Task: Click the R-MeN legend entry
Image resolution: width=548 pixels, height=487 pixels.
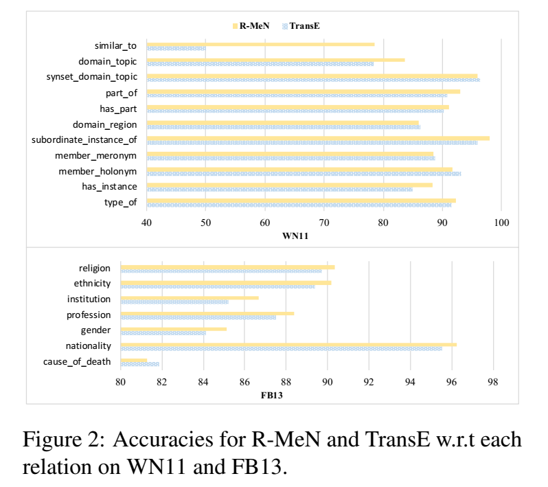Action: click(x=251, y=26)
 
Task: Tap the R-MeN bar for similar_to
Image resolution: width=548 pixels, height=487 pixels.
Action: click(x=261, y=45)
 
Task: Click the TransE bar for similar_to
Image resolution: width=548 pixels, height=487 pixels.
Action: click(x=176, y=49)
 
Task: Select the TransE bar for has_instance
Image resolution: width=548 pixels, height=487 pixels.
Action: click(x=279, y=189)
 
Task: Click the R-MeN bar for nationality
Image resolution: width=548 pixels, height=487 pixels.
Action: click(x=288, y=345)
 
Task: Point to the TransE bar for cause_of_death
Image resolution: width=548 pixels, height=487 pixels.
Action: click(x=139, y=364)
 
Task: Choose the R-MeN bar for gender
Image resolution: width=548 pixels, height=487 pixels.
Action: click(x=173, y=329)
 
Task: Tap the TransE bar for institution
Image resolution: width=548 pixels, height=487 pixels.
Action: click(x=174, y=302)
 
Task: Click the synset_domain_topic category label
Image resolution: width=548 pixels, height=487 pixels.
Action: click(x=92, y=77)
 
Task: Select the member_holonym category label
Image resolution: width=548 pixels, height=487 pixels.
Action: click(x=97, y=170)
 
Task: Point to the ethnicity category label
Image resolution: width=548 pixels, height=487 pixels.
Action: click(x=92, y=284)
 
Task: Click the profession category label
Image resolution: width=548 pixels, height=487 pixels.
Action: click(x=89, y=315)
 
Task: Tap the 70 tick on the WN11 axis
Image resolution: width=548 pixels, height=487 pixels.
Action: click(x=324, y=223)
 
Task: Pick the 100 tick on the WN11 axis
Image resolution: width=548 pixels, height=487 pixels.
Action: click(x=501, y=223)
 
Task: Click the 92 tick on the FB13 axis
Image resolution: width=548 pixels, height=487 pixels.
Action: click(x=369, y=383)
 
